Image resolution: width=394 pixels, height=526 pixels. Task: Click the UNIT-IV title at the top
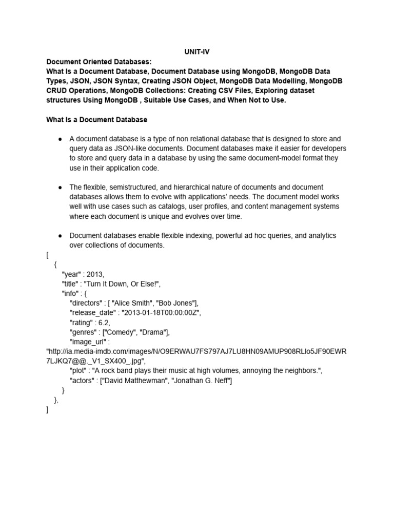coord(197,52)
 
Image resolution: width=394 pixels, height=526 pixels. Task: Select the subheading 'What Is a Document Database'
coord(97,120)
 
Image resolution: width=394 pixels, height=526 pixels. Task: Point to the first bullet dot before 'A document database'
coord(61,139)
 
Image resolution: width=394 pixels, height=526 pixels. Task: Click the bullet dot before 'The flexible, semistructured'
coord(61,187)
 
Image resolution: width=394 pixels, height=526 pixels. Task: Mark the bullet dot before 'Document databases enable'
coord(61,236)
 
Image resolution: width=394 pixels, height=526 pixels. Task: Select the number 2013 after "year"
coord(95,274)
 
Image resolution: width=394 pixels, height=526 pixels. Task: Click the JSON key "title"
coord(71,284)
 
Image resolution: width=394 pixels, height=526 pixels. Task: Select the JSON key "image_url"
coord(88,342)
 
